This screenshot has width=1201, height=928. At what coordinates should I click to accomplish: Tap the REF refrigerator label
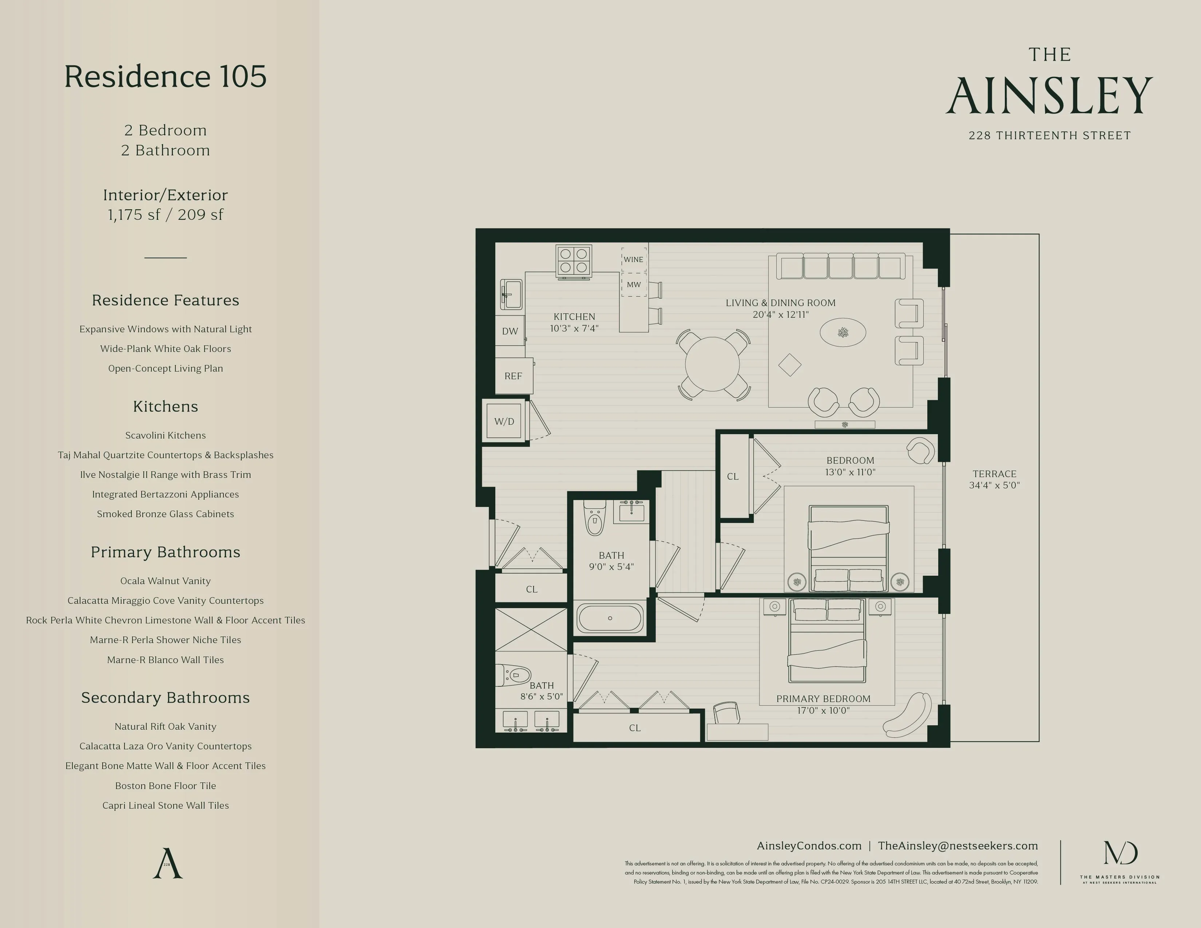513,376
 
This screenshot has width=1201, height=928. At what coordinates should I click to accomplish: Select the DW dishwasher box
510,331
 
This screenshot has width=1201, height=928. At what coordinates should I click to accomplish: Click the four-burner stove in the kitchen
574,261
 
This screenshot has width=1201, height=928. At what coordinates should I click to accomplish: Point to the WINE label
634,259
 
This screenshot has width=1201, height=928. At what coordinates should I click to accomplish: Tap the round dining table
712,364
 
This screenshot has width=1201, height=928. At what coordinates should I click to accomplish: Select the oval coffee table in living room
843,333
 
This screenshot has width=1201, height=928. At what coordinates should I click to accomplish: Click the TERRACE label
994,474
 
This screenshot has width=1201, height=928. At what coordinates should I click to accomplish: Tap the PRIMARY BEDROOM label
823,699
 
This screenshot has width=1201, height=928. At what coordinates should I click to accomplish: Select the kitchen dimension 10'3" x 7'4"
574,328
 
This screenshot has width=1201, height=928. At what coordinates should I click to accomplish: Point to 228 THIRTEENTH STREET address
1049,135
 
